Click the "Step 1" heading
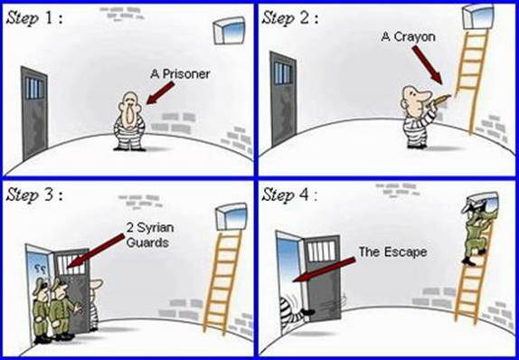click(34, 18)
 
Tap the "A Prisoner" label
click(180, 73)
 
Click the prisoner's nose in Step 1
click(128, 114)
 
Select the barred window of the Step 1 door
click(34, 88)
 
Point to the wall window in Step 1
click(229, 31)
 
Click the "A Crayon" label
click(408, 36)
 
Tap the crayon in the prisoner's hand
click(440, 99)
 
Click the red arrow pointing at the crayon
click(428, 64)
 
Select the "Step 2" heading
click(290, 18)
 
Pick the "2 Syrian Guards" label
click(150, 235)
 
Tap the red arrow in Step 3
click(96, 250)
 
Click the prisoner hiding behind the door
click(94, 304)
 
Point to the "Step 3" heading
click(34, 194)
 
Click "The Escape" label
click(392, 252)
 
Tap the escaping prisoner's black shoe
click(307, 312)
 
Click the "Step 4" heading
click(289, 194)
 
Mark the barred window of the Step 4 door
click(321, 251)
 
